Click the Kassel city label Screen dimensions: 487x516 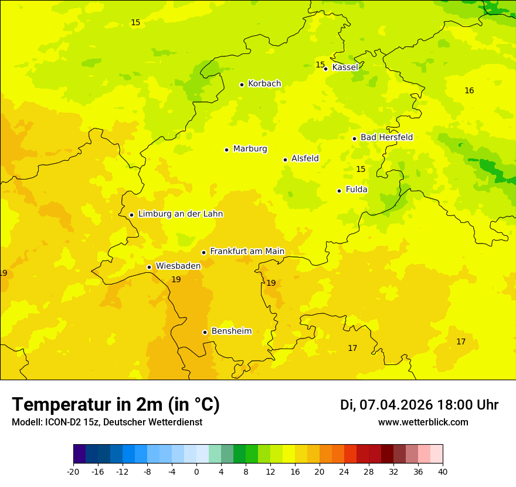(345, 67)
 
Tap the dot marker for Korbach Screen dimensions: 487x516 (242, 84)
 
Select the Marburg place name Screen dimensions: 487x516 (250, 149)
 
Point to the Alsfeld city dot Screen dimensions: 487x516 (285, 160)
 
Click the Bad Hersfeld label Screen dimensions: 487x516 (386, 137)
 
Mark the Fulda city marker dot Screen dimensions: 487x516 (339, 191)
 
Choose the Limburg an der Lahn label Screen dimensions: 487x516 (180, 214)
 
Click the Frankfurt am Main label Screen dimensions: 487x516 (247, 252)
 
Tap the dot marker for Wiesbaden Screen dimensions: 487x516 (149, 267)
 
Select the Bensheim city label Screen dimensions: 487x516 (231, 332)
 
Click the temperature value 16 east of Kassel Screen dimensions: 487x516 (469, 90)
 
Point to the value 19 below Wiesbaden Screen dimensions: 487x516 (176, 280)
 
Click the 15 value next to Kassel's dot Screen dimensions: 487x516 (320, 65)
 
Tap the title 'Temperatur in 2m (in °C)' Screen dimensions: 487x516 (116, 405)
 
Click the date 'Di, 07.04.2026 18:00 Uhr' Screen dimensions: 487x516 (419, 405)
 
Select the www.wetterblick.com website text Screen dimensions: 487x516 (423, 422)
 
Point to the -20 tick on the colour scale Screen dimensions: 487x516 (73, 471)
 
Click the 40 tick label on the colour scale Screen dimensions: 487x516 (442, 471)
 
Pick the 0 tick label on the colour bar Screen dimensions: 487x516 (196, 471)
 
